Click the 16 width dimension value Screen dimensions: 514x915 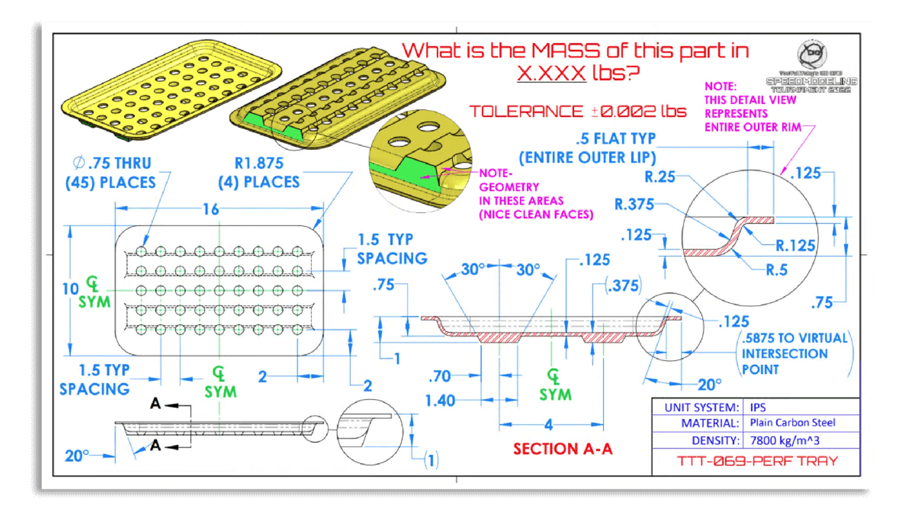(x=211, y=209)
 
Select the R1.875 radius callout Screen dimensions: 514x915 (x=259, y=164)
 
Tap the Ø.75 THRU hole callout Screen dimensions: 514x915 (x=113, y=164)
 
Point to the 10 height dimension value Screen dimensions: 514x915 (x=70, y=289)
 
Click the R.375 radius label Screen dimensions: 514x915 (x=634, y=205)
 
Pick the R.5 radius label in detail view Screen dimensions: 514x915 (x=777, y=270)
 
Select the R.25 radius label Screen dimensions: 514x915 (x=660, y=177)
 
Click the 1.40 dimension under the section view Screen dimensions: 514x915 (x=440, y=401)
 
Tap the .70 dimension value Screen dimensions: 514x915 (x=440, y=376)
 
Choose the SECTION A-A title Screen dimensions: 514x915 (x=563, y=449)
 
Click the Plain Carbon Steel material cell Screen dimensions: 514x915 (x=793, y=423)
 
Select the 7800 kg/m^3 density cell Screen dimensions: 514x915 (x=785, y=441)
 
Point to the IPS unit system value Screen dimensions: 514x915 (x=758, y=408)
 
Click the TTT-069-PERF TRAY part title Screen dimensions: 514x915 (x=757, y=461)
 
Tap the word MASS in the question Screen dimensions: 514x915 (x=566, y=51)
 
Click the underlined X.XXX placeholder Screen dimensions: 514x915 (x=551, y=73)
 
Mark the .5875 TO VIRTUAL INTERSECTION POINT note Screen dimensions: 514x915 (x=794, y=354)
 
